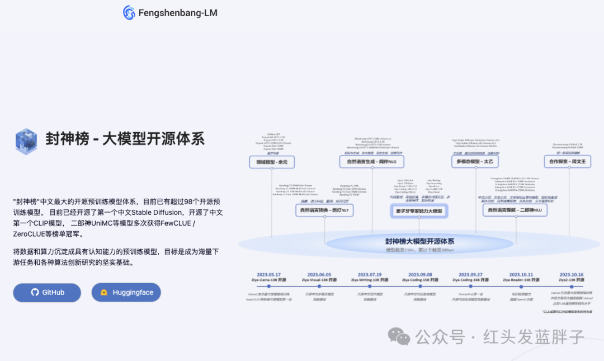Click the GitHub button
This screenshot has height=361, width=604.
pos(47,292)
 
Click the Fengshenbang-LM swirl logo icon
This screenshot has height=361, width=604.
pos(129,12)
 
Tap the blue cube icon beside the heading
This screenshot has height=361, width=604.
pos(26,141)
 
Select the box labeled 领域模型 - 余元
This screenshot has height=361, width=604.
pos(272,162)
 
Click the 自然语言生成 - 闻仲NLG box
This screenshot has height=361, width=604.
pos(371,162)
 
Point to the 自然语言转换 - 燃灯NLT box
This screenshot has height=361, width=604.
pos(325,210)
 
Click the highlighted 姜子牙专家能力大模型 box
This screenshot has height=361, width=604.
pos(419,210)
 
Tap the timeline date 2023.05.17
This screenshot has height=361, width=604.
pos(269,274)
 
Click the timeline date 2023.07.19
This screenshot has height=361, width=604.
pos(366,274)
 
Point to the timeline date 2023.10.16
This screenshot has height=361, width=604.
pos(571,274)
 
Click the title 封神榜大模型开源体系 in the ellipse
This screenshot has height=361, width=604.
pos(419,241)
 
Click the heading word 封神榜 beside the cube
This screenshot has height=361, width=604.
pos(68,138)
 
